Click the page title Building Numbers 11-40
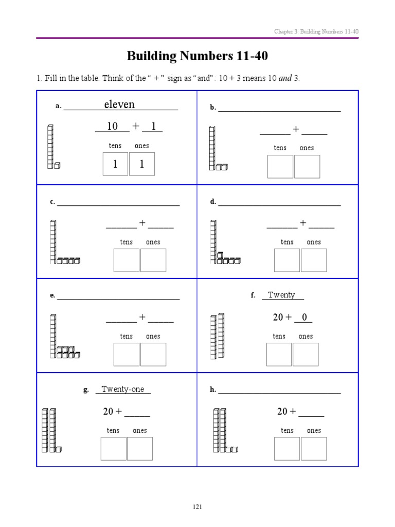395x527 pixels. (x=197, y=56)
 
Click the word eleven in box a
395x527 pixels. (x=119, y=104)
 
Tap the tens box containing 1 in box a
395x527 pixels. (x=115, y=164)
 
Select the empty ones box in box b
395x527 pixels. (x=307, y=167)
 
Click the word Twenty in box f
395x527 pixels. (x=281, y=295)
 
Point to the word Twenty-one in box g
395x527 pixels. (x=123, y=389)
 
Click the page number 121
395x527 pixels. (x=197, y=507)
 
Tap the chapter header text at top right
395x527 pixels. (x=316, y=32)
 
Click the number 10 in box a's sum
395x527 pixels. (x=112, y=126)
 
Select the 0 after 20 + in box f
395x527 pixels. (x=304, y=318)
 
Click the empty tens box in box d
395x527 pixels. (x=286, y=260)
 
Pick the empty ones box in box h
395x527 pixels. (x=314, y=448)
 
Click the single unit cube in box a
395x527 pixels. (x=57, y=165)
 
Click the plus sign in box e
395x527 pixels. (x=142, y=317)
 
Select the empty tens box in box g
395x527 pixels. (x=113, y=448)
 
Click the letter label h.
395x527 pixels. (x=213, y=390)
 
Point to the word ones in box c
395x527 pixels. (x=153, y=242)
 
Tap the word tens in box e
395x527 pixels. (x=126, y=336)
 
